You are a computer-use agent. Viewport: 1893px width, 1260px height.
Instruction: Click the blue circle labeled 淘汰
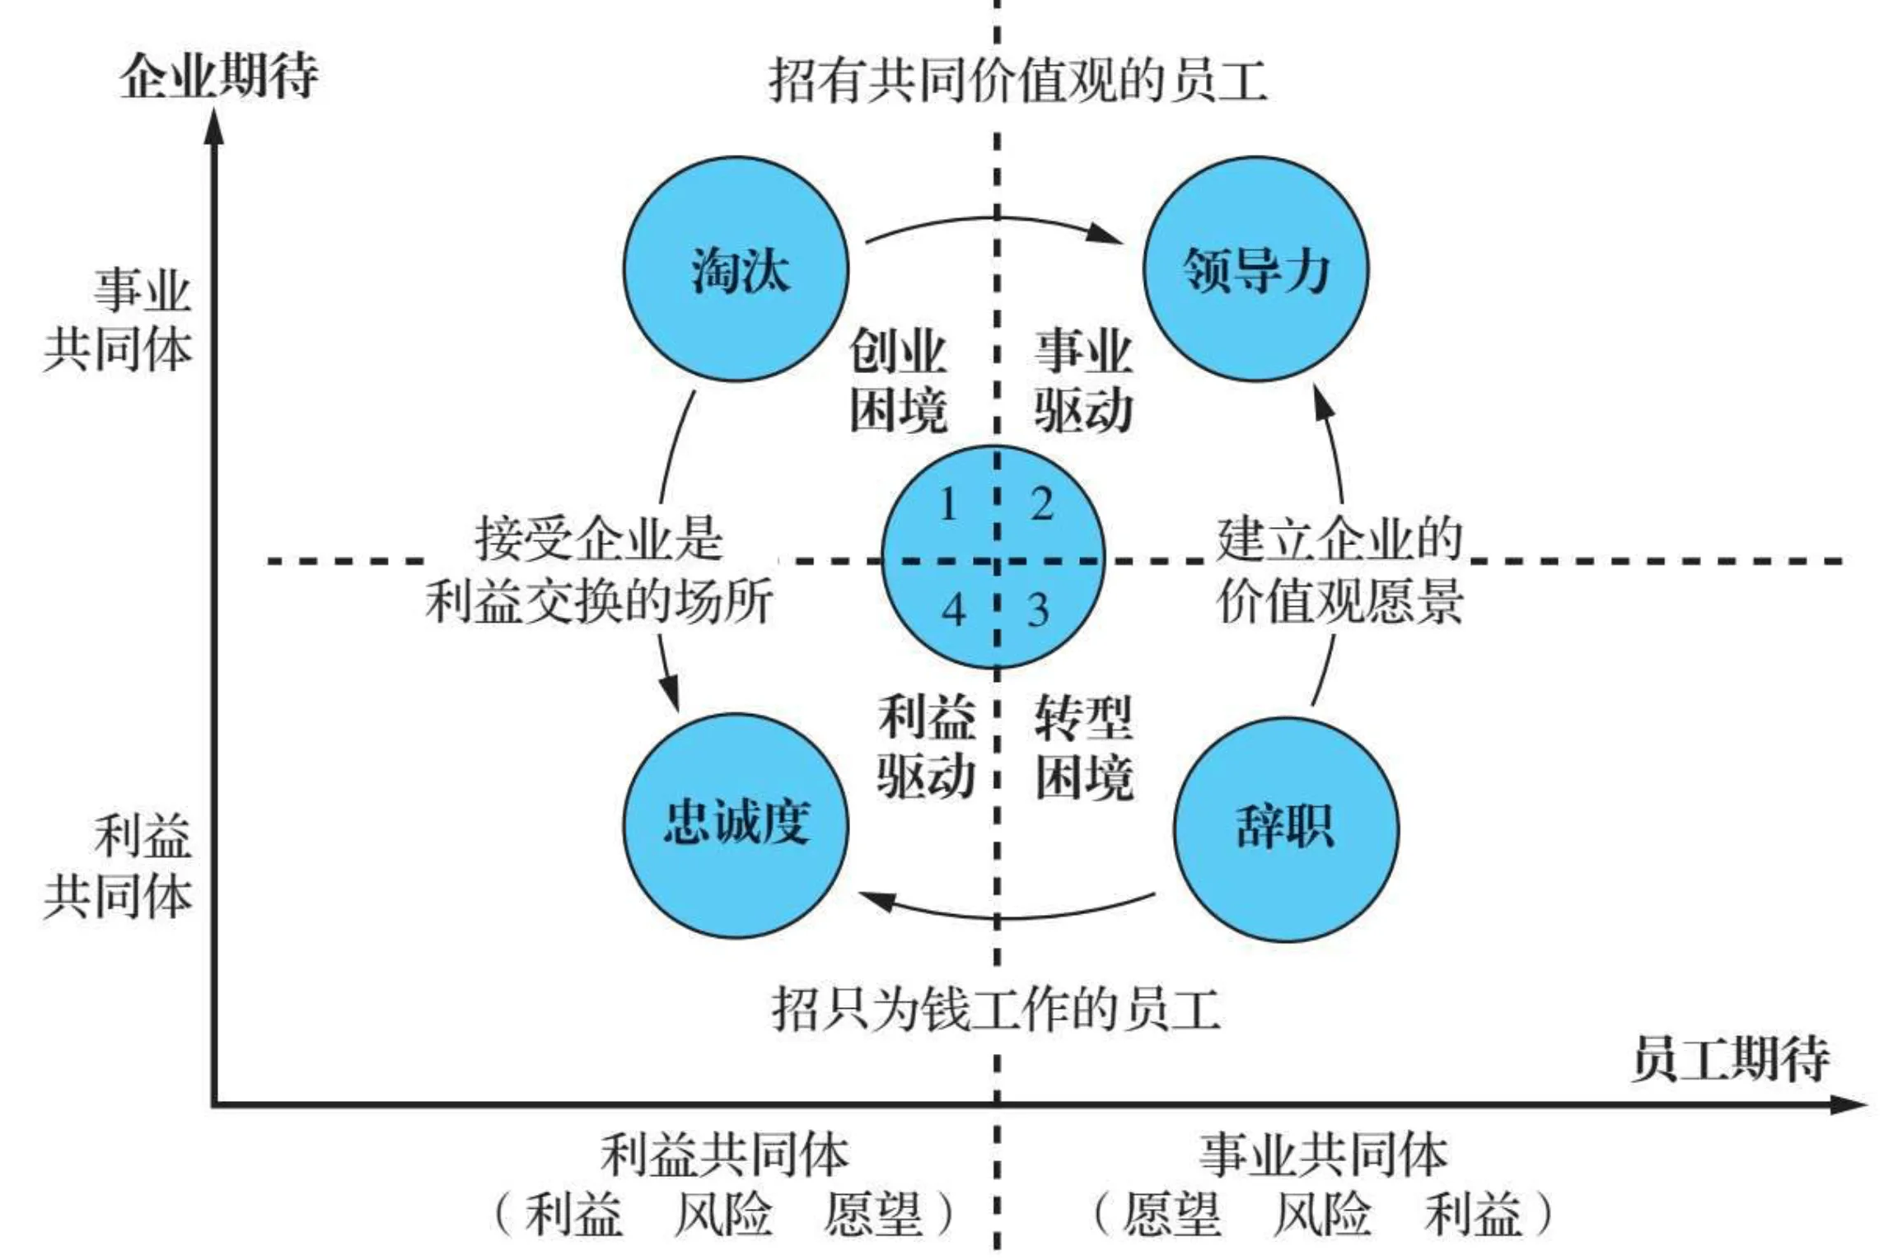[736, 268]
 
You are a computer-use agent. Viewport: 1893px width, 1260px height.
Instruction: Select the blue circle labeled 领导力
[1255, 268]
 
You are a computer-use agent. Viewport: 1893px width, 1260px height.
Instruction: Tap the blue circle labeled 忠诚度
[736, 824]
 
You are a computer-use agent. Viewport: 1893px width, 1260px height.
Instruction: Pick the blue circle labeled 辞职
[1285, 828]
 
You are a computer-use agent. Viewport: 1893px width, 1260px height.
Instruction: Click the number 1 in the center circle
[947, 504]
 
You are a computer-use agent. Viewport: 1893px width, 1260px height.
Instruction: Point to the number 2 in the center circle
[1042, 504]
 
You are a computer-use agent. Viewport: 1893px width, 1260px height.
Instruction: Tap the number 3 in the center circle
[1038, 610]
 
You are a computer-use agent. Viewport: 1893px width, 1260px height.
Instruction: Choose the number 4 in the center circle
[953, 610]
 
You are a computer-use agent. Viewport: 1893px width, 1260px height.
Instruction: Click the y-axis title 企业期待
[219, 77]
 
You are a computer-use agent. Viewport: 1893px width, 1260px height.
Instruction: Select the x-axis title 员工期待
[1731, 1057]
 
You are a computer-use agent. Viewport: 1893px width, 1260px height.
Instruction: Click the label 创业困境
[898, 380]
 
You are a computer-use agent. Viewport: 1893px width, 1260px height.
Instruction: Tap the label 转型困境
[1084, 747]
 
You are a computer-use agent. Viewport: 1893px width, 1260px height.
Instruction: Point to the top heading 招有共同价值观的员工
[1018, 81]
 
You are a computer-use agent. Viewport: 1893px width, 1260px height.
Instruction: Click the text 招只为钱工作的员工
[996, 1010]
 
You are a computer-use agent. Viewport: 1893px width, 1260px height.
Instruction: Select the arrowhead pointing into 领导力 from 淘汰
[1104, 234]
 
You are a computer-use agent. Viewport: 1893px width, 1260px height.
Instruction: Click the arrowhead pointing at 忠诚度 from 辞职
[876, 900]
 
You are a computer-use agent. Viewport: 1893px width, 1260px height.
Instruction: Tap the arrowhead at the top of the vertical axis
[214, 128]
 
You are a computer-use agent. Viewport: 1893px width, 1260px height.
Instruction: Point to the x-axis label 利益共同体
[724, 1155]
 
